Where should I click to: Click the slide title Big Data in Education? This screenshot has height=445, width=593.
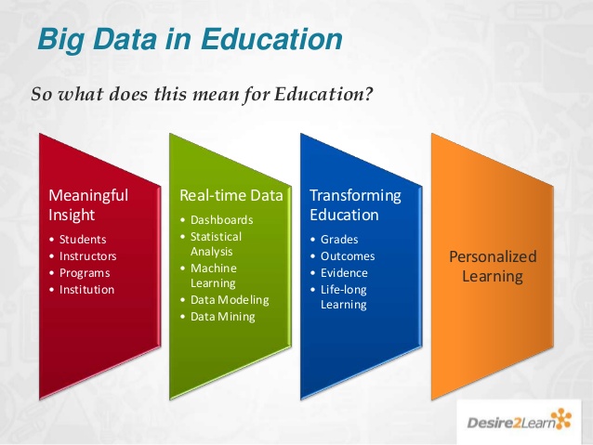pos(190,40)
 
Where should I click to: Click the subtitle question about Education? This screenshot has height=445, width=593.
pos(202,95)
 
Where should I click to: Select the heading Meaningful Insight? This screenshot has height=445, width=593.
pos(88,205)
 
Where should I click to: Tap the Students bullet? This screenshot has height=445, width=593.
pos(83,239)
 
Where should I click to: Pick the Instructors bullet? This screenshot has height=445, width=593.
pos(88,255)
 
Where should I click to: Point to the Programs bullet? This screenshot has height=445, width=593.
pos(85,272)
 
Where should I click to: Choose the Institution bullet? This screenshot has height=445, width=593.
pos(86,289)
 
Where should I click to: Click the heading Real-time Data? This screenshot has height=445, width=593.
pos(231,196)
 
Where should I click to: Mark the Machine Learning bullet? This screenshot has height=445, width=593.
pos(215,275)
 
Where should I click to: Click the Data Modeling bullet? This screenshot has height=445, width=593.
pos(230,300)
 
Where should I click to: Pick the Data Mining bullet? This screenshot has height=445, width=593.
pos(222,317)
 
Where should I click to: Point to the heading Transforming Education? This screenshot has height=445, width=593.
pos(355,205)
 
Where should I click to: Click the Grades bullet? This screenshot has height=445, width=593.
pos(339,239)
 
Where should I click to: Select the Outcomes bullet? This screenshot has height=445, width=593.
pos(348,255)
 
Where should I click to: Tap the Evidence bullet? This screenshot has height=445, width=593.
pos(344,272)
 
